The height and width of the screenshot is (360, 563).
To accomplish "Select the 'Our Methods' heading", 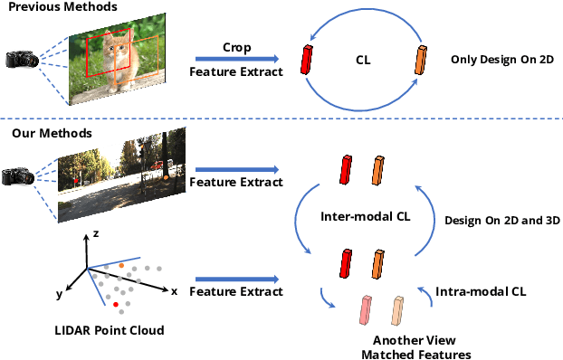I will coord(43,134).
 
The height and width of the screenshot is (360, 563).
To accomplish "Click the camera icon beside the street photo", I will coord(20,176).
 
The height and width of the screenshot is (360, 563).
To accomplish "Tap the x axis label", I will coord(174,291).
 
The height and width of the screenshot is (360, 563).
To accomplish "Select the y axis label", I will coord(58,293).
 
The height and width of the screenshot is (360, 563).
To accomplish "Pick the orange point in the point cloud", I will coord(122,264).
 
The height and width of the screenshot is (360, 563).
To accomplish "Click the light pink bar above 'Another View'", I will coord(367,310).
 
